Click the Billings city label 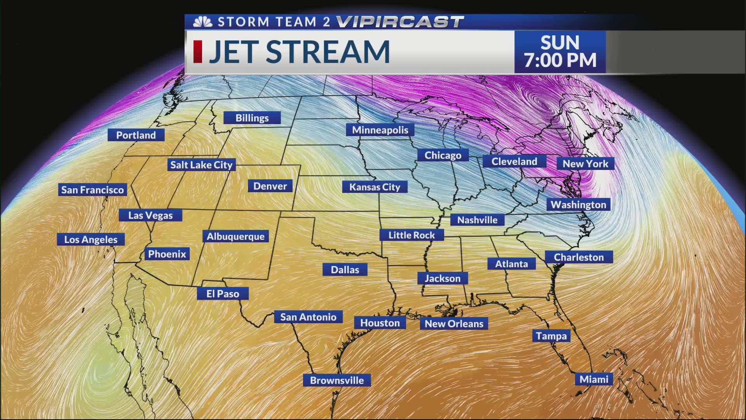[x=252, y=118]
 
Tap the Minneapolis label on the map [x=380, y=130]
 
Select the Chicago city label [x=443, y=155]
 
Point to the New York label [x=585, y=164]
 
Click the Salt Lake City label [x=201, y=165]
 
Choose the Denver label [x=270, y=186]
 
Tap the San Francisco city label [x=92, y=190]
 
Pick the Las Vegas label [x=150, y=215]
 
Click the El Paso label [x=223, y=294]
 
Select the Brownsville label [x=337, y=380]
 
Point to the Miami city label [x=594, y=379]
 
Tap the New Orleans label [x=454, y=324]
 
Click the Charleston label [x=579, y=257]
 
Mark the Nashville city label [x=477, y=220]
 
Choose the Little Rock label [x=411, y=235]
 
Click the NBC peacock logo [x=203, y=22]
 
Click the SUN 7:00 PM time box [x=560, y=52]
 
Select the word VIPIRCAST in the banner [x=400, y=22]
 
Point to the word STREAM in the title [x=328, y=52]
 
